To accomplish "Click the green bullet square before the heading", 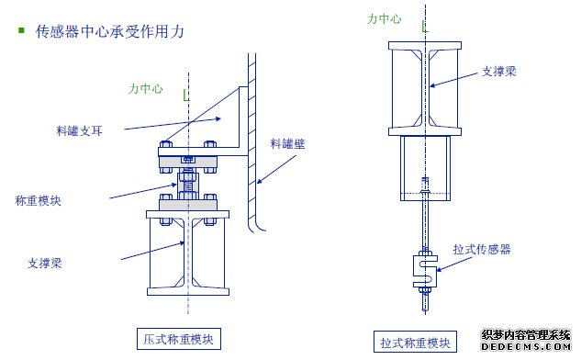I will click(x=21, y=31).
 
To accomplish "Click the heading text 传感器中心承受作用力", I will click(x=110, y=31).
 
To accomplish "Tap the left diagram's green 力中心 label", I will click(x=145, y=89).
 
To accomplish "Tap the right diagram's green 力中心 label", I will click(x=384, y=18).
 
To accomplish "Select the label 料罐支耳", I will click(x=79, y=131).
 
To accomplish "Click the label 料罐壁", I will click(x=286, y=144).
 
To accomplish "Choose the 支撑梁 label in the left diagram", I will click(x=45, y=263).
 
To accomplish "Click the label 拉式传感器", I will click(x=482, y=249).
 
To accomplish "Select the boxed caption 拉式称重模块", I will click(x=415, y=343).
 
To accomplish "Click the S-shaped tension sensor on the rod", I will click(x=426, y=266).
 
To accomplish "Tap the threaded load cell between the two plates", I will click(x=187, y=184).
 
